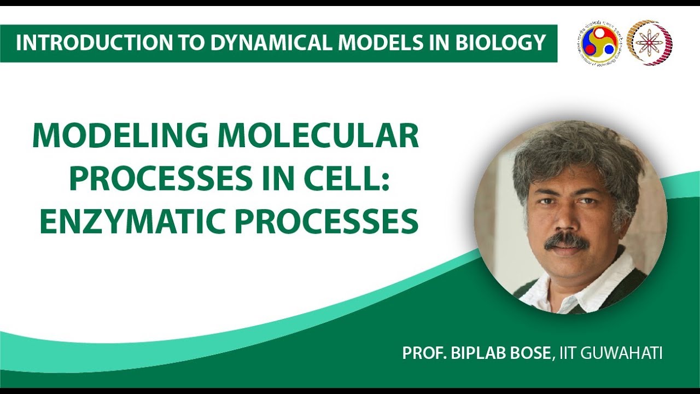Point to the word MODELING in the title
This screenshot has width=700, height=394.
120,136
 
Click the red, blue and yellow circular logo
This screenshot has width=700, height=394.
597,43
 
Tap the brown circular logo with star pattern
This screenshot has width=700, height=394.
649,43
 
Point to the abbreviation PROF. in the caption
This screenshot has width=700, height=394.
424,353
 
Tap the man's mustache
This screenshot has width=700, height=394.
567,240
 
